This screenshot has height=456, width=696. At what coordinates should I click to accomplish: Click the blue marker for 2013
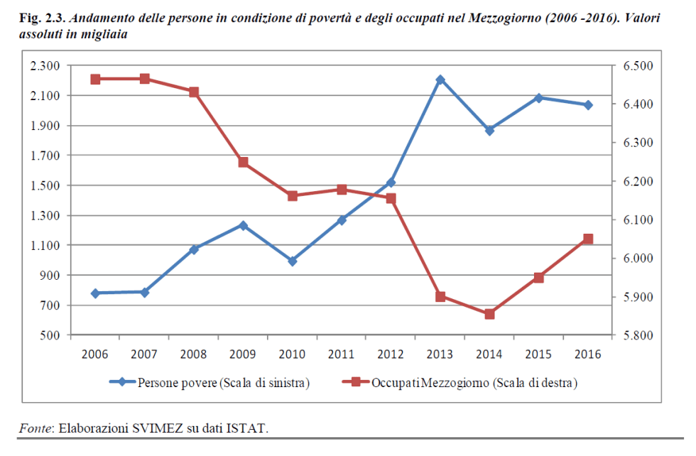tap(440, 80)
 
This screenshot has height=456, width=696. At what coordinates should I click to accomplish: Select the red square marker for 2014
tap(489, 314)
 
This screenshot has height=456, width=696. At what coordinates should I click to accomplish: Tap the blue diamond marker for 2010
tap(293, 261)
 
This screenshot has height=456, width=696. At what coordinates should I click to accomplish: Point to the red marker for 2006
tap(95, 79)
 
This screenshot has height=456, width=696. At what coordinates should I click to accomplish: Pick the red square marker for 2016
tap(588, 239)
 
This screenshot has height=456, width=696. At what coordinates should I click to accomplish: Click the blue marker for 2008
tap(194, 249)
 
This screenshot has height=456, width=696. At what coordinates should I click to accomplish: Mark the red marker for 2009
tap(243, 163)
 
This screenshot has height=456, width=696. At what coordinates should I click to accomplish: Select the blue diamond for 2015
tap(539, 98)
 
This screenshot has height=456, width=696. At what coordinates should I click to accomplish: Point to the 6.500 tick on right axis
tap(637, 66)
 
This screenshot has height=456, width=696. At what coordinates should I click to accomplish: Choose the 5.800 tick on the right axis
tap(637, 335)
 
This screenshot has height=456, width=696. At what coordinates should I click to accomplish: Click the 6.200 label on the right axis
tap(637, 182)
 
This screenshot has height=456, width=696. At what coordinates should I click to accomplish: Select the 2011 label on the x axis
tap(342, 354)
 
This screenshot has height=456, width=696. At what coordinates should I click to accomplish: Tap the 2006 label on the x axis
tap(95, 354)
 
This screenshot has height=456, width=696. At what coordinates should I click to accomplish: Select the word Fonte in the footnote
tap(35, 428)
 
